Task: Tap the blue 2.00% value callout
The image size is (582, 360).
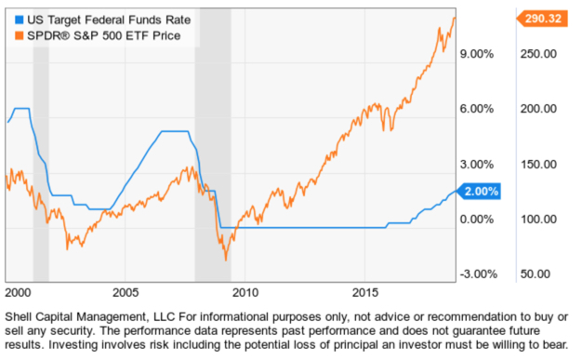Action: (x=481, y=192)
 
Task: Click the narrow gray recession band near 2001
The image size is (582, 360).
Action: (x=41, y=158)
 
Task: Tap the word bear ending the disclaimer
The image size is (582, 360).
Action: (x=550, y=343)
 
